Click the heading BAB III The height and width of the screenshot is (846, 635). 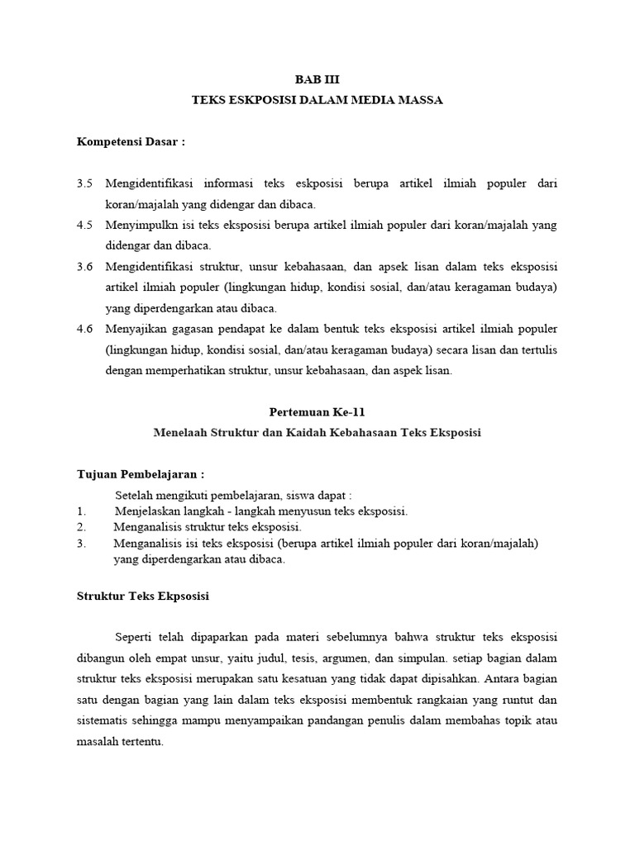[317, 79]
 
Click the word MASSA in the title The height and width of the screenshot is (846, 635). [420, 100]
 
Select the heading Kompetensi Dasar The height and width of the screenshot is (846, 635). [131, 141]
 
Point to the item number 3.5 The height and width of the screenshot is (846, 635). [85, 183]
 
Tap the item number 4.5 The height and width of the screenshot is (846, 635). [85, 225]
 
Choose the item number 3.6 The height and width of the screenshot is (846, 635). [85, 266]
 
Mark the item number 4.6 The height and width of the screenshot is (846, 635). [85, 329]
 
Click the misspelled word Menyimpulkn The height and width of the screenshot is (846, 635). [141, 225]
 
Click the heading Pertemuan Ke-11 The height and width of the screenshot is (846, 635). [317, 411]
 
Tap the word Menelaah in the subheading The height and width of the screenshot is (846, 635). [180, 432]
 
